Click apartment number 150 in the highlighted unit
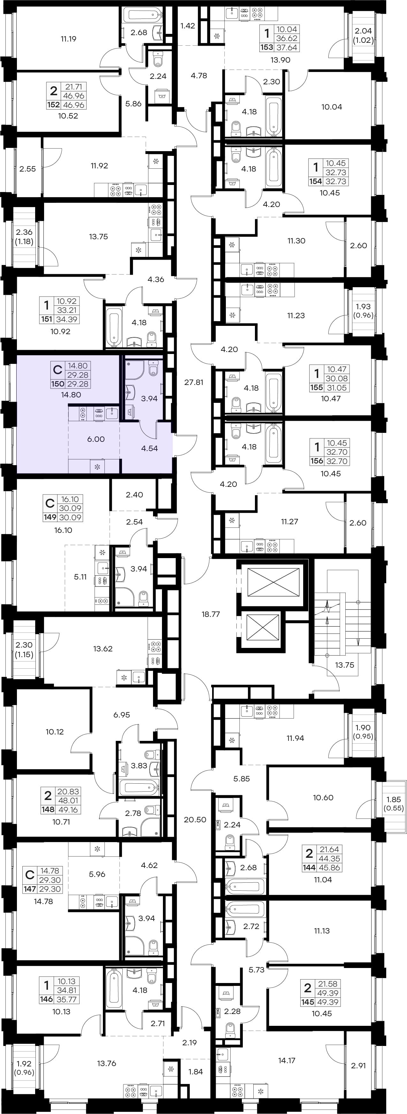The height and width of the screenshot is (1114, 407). pos(58,384)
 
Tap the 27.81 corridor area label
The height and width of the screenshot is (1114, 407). pos(194,382)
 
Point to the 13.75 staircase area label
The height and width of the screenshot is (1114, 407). pos(344,665)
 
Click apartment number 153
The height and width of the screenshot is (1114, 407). pos(266,48)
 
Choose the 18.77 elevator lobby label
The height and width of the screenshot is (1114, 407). pos(211,614)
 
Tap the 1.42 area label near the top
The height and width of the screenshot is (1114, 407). pos(188,26)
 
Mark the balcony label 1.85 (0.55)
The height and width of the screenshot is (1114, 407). pos(394,803)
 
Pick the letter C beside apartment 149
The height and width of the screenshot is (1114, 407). pos(50,503)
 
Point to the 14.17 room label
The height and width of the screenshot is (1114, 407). pos(287,1060)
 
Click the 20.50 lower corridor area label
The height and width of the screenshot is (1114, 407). pos(195,819)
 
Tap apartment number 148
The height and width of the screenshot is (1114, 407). pos(48,809)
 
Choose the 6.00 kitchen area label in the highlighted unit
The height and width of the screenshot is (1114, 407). pos(96,439)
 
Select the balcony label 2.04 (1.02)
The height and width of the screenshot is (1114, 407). pos(363,35)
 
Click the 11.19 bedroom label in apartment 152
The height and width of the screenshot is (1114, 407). pos(68,39)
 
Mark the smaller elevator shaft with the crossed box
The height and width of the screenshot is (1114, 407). pos(263,627)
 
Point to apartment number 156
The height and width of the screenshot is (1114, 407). pos(317,461)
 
